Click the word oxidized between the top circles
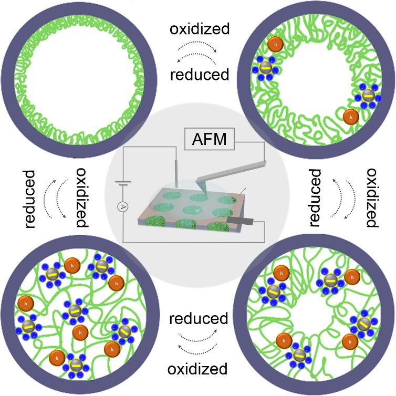point(200,29)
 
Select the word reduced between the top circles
point(200,75)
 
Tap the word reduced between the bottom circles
point(199,318)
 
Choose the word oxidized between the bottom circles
point(198,368)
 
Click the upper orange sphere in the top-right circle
point(274,44)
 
